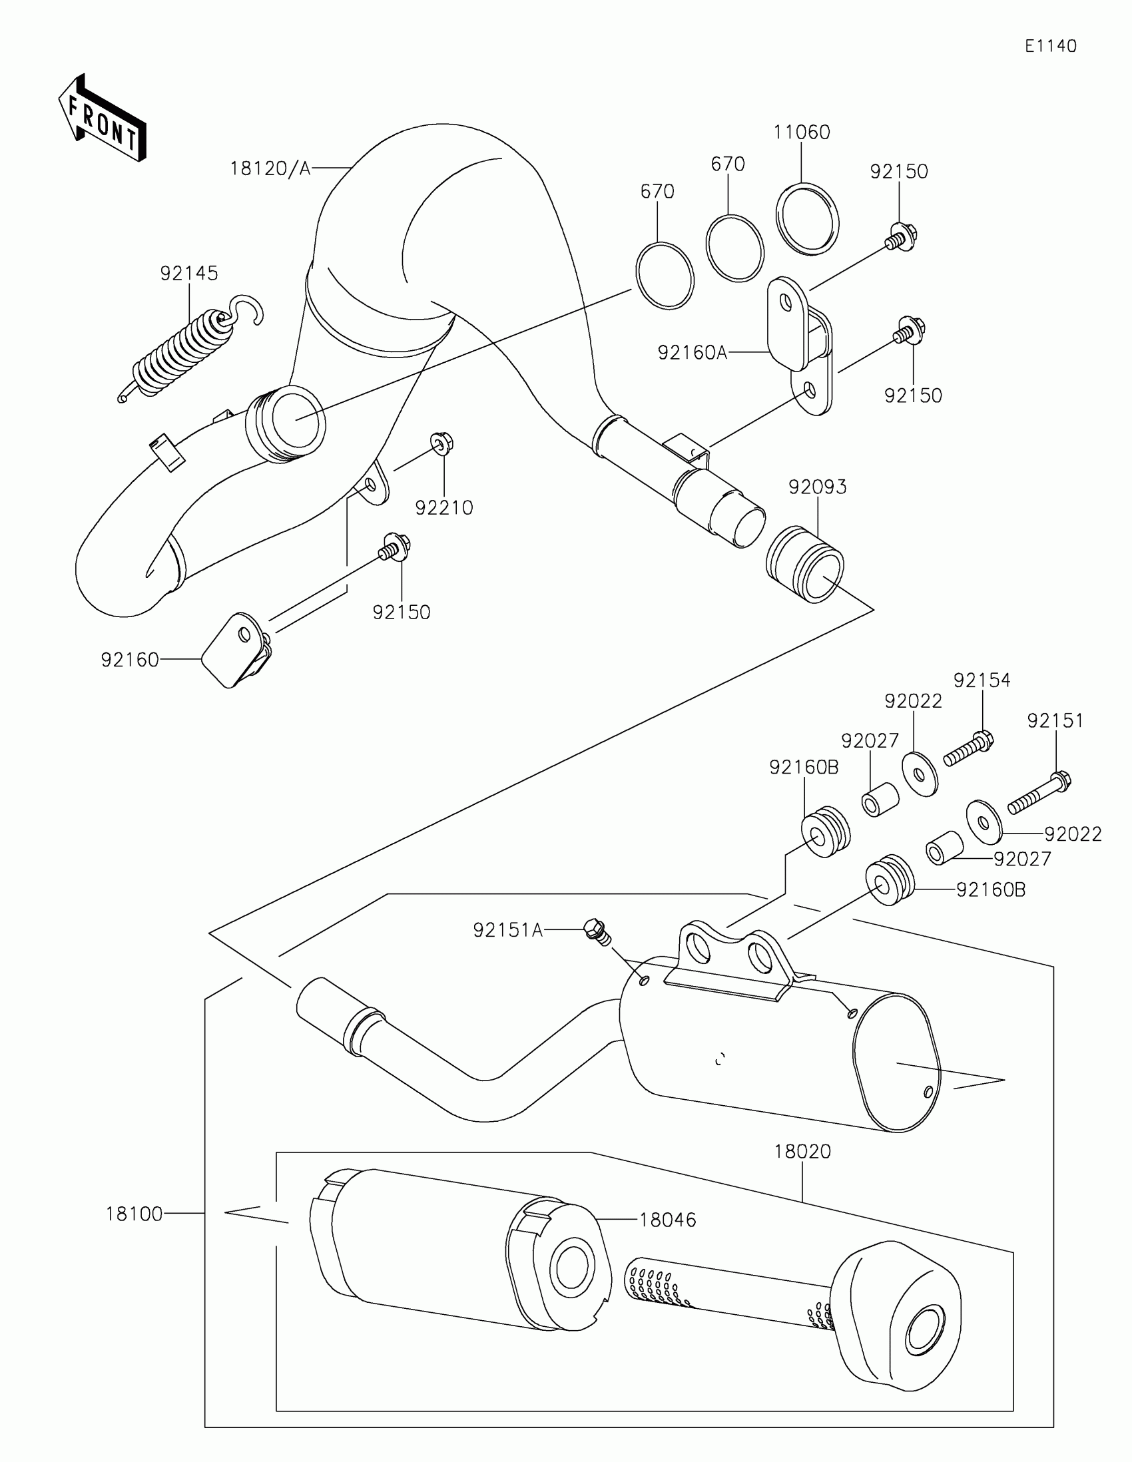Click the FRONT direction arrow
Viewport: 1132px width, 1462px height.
103,119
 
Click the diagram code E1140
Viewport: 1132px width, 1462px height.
1050,46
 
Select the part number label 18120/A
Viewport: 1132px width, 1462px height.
270,168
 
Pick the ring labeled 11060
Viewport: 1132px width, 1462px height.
807,218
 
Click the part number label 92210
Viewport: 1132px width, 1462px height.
444,508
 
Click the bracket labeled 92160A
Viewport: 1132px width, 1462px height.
800,342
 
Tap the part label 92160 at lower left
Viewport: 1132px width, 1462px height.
130,660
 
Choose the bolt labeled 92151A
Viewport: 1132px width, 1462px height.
597,930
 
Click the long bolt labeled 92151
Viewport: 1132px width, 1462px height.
1037,794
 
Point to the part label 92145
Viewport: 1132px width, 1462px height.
189,273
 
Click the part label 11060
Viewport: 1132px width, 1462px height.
801,132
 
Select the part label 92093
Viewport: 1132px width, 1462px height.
817,487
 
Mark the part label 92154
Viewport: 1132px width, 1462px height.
982,680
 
